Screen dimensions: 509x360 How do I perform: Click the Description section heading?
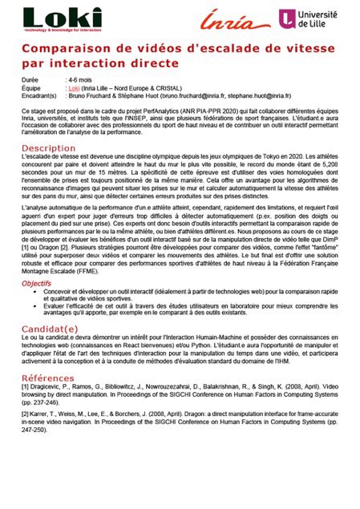[x=48, y=148]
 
